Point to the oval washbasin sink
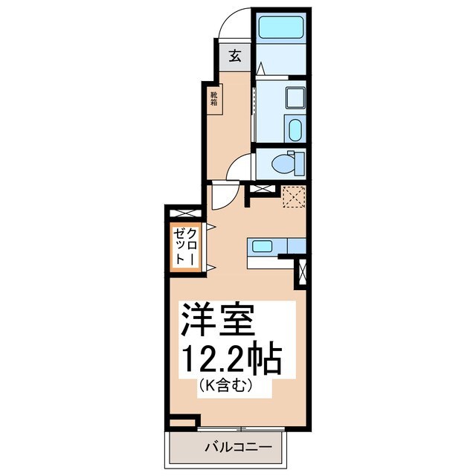(295, 129)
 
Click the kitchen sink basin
(261, 246)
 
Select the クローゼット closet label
(186, 245)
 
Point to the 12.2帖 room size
(231, 359)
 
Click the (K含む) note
(228, 386)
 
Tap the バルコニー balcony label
(234, 446)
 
